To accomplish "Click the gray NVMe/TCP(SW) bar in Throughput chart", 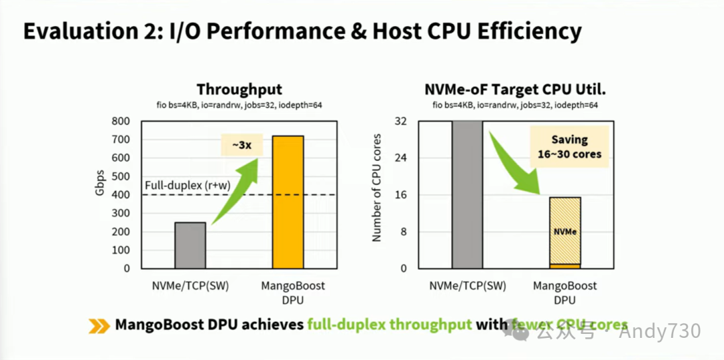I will (x=190, y=245).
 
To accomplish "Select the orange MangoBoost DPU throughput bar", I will (x=288, y=201).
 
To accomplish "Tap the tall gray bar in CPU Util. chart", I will (x=467, y=194).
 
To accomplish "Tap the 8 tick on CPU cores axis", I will (x=404, y=232).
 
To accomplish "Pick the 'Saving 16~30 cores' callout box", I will (x=568, y=147).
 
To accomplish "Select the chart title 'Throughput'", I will (x=239, y=90).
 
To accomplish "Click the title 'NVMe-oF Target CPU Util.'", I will (x=516, y=90).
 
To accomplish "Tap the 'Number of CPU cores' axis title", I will (x=377, y=195).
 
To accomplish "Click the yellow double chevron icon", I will (x=99, y=325).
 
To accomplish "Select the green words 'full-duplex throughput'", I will (x=389, y=325).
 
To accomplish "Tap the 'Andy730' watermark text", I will (x=660, y=331).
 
